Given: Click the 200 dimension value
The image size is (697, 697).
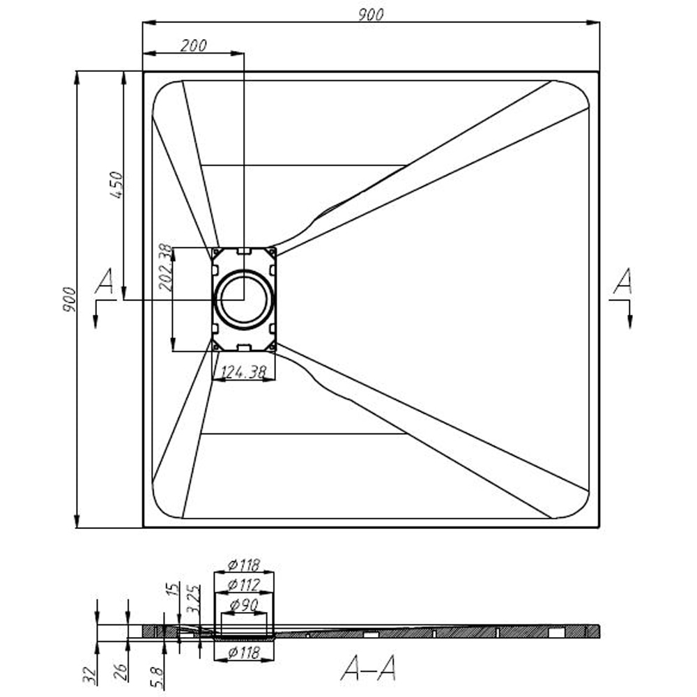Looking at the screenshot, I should (193, 45).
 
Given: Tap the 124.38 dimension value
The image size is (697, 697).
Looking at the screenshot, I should (243, 373).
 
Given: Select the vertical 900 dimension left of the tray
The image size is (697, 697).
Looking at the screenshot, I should (68, 300).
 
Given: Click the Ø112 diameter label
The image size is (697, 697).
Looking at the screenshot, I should (243, 583).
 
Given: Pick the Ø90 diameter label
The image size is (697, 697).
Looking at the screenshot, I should (243, 604).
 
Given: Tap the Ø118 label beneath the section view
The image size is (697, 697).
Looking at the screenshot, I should (243, 652).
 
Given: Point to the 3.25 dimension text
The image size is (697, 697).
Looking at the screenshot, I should (195, 599).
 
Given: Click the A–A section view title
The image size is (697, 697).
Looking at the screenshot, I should (369, 669).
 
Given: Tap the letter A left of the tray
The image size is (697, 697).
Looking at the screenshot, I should (105, 282).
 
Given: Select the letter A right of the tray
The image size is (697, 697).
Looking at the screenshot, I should (622, 282).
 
